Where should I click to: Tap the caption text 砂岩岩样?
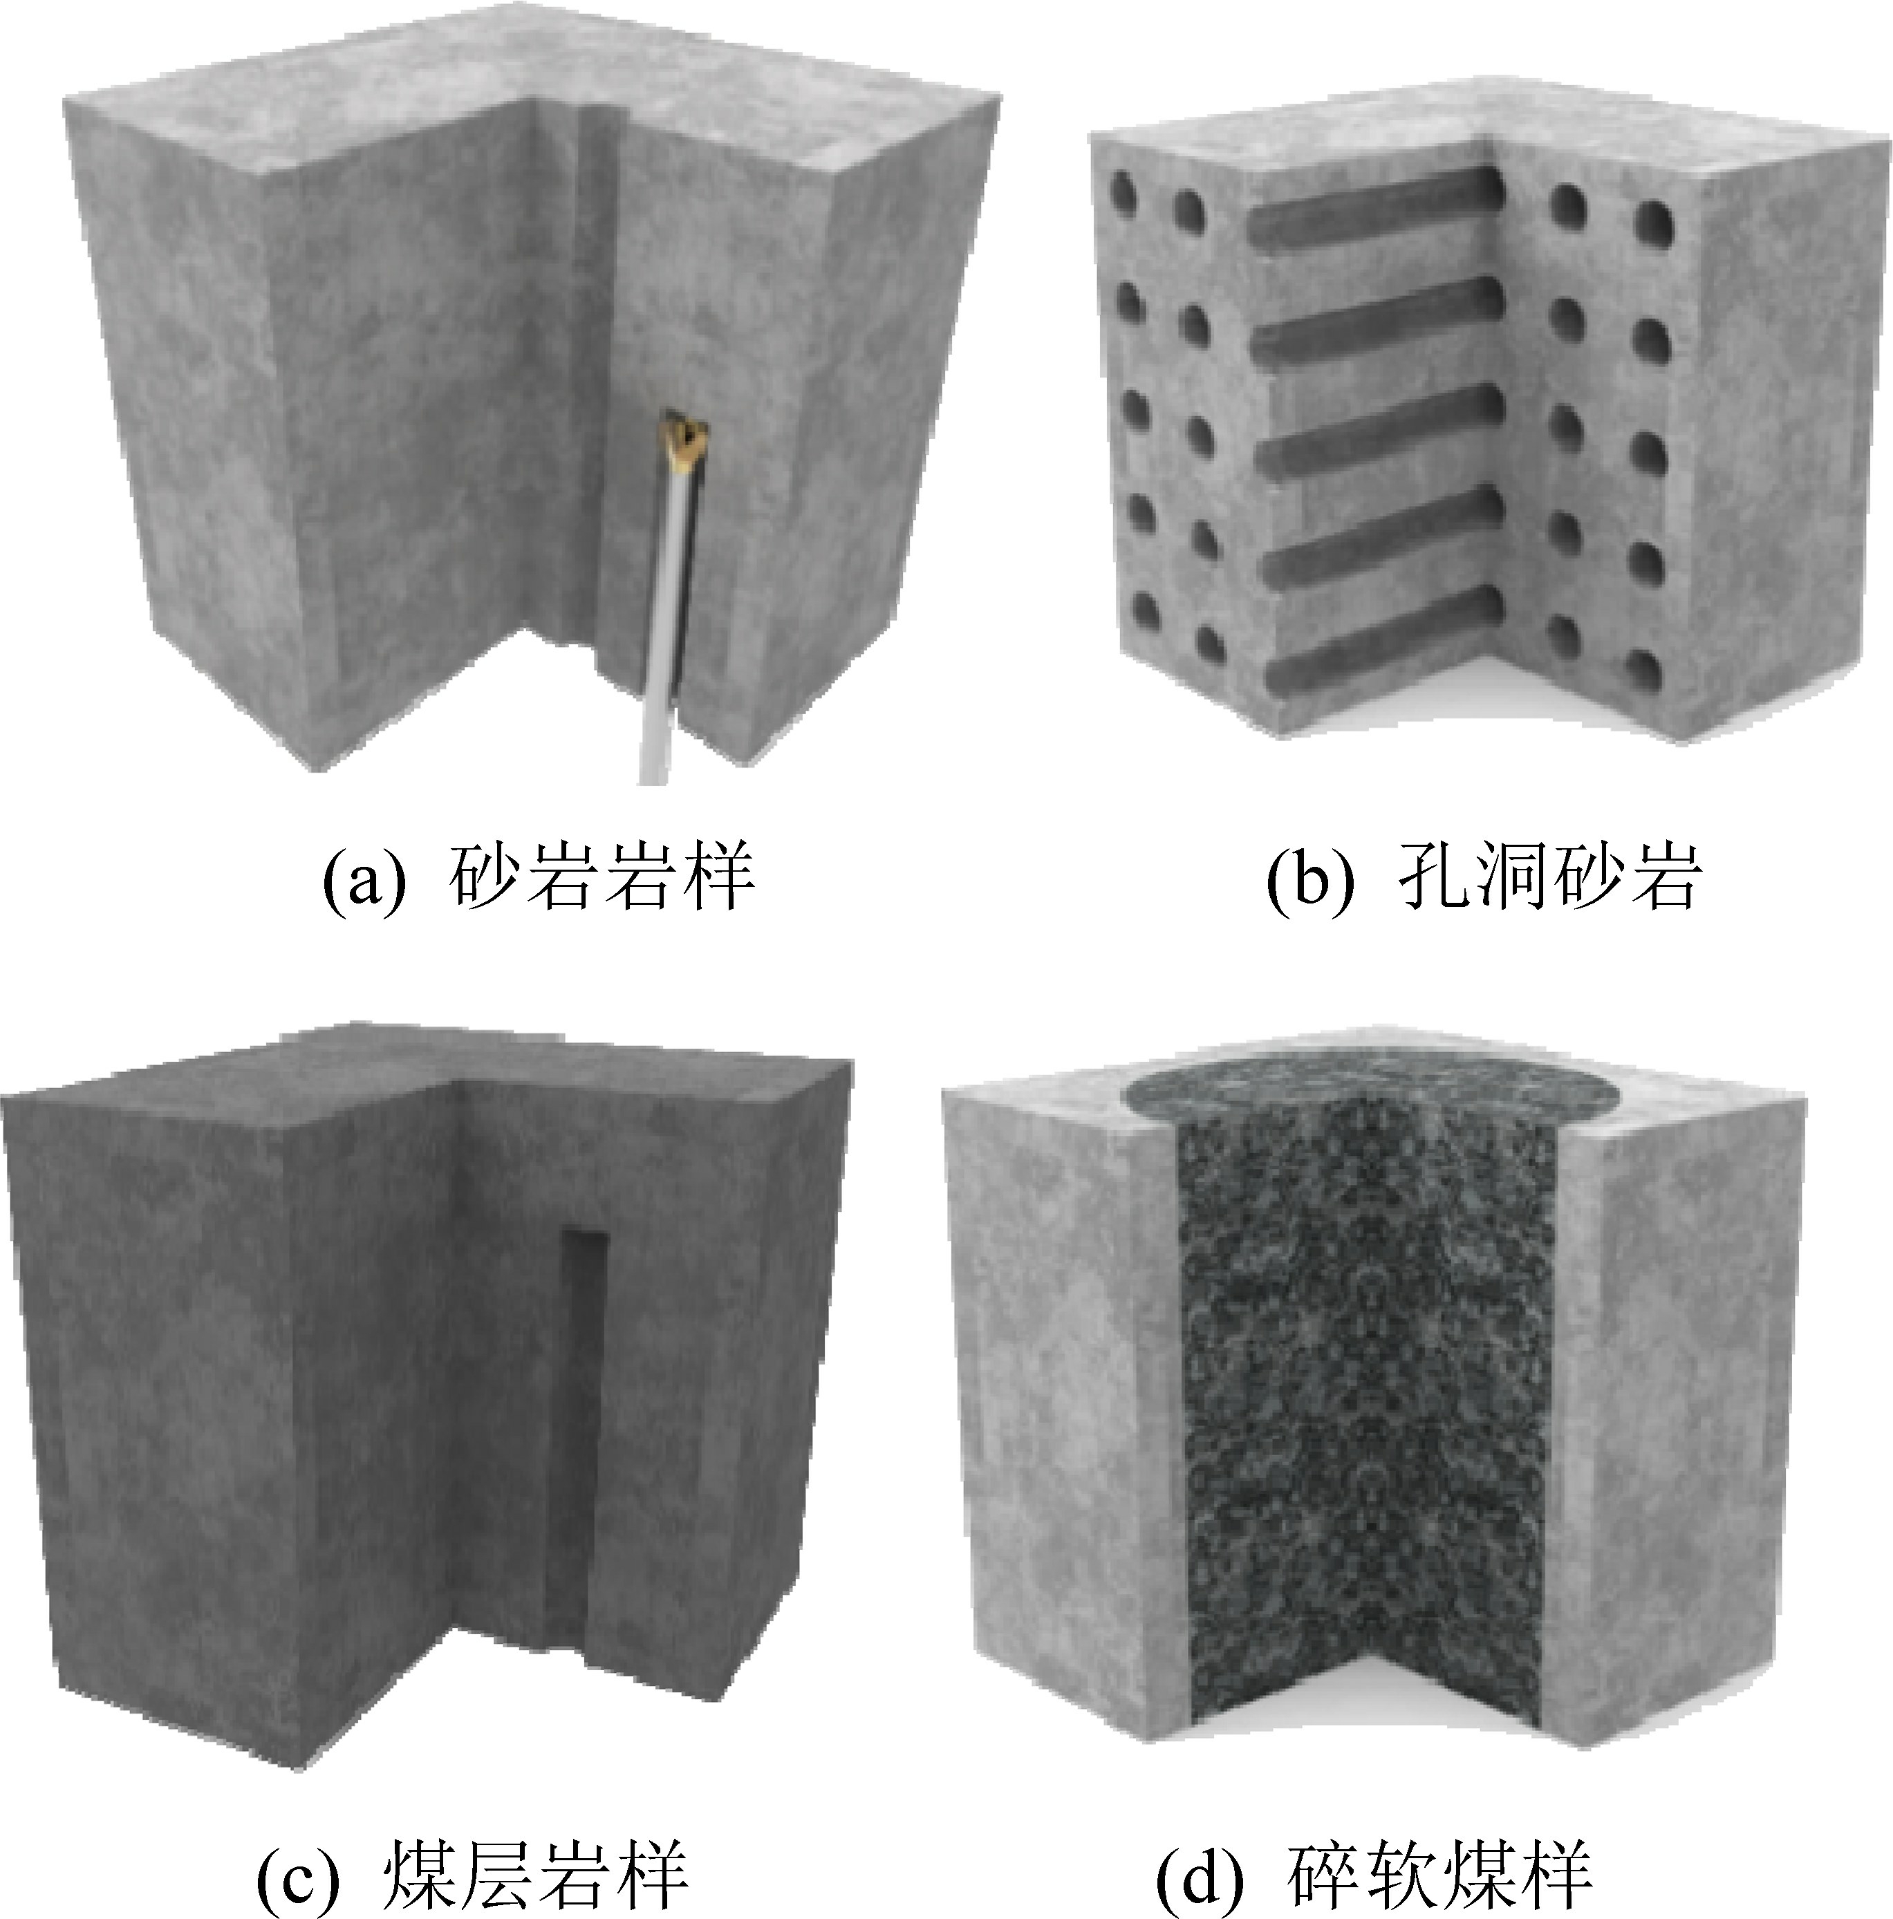pos(602,877)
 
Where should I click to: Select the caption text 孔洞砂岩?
pos(1550,877)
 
